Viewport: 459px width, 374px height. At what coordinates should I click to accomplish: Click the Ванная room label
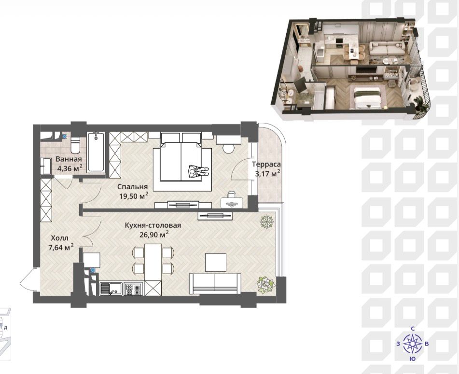[69, 159]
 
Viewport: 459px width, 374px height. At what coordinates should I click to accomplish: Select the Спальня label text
[133, 187]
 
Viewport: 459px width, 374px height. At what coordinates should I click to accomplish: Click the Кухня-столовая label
[153, 225]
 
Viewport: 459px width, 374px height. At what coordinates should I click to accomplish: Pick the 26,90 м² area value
[154, 235]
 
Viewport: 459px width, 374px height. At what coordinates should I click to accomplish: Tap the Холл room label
[59, 238]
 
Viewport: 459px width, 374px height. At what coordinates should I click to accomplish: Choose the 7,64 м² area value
[61, 248]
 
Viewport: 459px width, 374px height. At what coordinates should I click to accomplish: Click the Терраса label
[267, 165]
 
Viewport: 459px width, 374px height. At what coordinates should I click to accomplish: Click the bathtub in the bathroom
[96, 152]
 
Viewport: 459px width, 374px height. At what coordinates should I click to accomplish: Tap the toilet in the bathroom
[75, 145]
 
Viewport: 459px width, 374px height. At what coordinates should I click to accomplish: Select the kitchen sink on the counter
[111, 289]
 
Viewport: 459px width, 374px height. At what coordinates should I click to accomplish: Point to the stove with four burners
[134, 289]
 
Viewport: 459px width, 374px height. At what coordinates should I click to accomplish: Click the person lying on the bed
[198, 171]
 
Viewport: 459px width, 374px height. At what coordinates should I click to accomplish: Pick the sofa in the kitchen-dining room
[215, 283]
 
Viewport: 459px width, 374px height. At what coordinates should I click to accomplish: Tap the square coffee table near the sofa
[215, 262]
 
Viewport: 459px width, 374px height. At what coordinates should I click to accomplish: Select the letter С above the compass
[413, 329]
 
